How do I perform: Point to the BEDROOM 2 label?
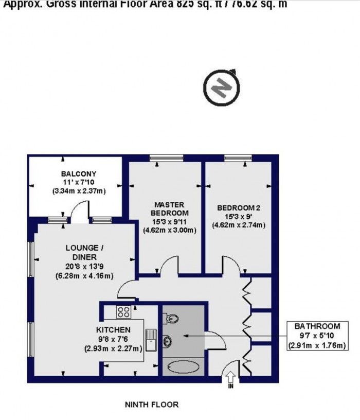(239, 208)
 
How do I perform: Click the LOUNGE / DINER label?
(84, 252)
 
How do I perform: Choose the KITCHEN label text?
(113, 329)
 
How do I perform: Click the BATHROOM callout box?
(317, 336)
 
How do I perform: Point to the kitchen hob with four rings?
(123, 311)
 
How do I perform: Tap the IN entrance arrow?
(231, 379)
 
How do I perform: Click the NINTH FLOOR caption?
(152, 405)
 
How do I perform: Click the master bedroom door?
(169, 267)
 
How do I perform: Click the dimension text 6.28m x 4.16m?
(84, 276)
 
